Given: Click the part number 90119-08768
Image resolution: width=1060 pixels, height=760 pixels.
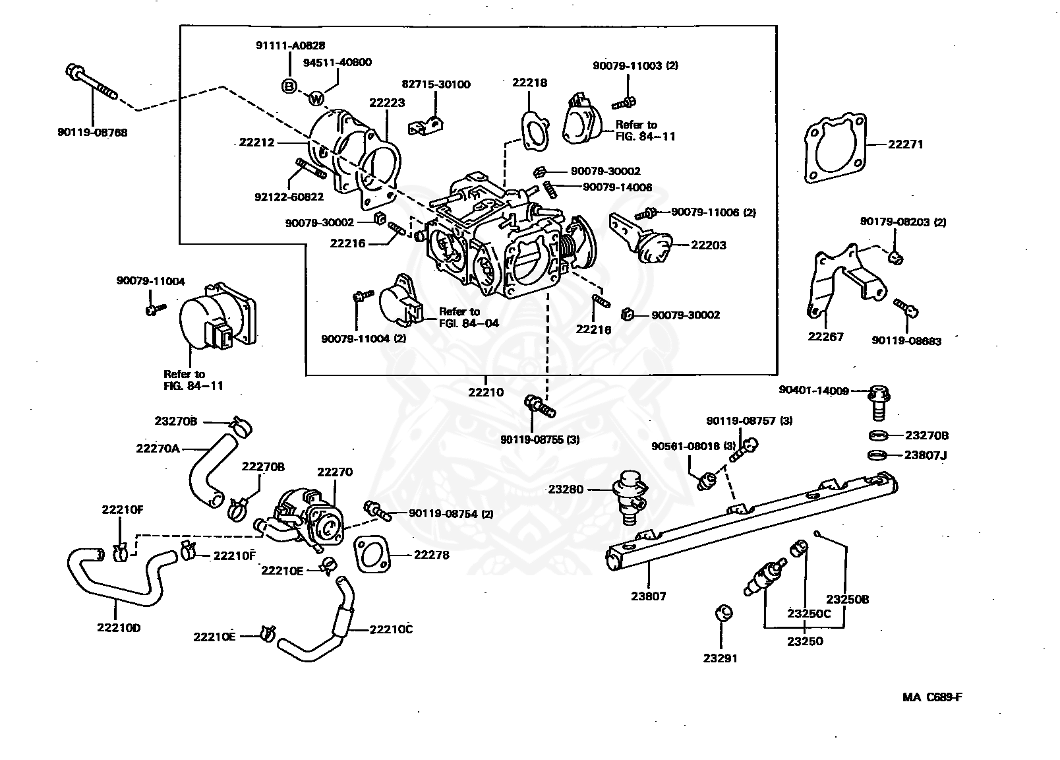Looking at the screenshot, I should click(x=92, y=132).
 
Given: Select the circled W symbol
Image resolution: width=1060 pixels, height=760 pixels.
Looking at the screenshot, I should click(x=317, y=98).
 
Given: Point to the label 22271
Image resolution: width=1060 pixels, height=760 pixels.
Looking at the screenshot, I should click(x=906, y=144).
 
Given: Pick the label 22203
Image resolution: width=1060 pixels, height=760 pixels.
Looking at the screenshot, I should click(x=709, y=245).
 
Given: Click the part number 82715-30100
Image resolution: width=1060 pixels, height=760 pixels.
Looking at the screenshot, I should click(x=436, y=84).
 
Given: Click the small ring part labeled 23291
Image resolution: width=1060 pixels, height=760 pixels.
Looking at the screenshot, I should click(x=723, y=612).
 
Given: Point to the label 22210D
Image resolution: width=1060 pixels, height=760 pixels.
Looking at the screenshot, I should click(x=119, y=627).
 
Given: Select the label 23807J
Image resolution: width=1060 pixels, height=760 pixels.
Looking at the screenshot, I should click(x=926, y=455).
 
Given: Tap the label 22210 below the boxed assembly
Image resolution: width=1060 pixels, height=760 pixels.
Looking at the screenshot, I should click(x=486, y=392).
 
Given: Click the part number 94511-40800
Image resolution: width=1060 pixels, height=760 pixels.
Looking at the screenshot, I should click(x=337, y=63).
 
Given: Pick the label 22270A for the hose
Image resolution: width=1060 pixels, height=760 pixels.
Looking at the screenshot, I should click(x=158, y=448).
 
